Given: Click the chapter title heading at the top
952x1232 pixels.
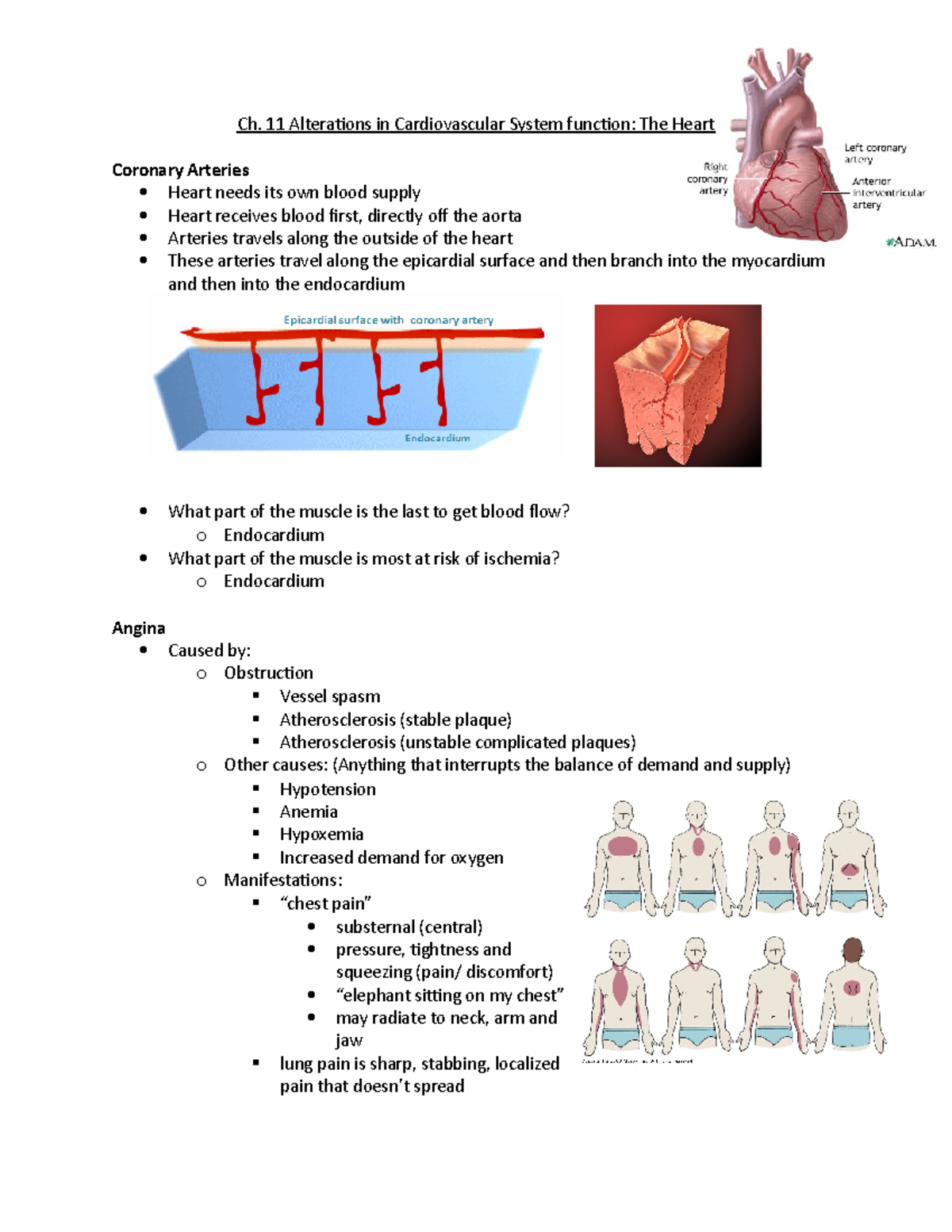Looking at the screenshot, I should click(475, 124).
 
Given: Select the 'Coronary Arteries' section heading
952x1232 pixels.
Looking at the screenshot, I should click(180, 170).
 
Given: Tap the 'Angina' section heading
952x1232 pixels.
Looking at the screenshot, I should click(139, 628).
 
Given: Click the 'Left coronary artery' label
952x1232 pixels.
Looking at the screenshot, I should click(874, 153).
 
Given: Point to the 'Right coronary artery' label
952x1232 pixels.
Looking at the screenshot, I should click(708, 178).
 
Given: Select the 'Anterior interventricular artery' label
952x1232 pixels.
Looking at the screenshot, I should click(887, 193).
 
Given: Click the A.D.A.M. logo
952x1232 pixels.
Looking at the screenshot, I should click(911, 242).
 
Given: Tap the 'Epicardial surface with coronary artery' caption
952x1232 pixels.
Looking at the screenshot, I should click(388, 320).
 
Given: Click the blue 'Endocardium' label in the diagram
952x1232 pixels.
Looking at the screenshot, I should click(437, 438).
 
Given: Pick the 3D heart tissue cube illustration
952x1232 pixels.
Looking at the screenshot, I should click(678, 386).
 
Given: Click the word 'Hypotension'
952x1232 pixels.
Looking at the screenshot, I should click(328, 789).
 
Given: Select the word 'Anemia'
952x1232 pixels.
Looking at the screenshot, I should click(309, 812).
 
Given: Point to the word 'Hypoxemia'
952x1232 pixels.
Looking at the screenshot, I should click(321, 835).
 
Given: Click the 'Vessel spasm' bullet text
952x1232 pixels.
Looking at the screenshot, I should click(329, 697).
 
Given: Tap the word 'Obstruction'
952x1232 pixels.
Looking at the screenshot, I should click(268, 673).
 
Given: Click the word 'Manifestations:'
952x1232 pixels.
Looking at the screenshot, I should click(283, 881).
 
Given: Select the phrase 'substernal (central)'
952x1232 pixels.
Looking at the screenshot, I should click(409, 927).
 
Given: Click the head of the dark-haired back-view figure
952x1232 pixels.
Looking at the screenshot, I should click(852, 950).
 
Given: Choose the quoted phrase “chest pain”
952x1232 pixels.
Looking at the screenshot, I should click(325, 904).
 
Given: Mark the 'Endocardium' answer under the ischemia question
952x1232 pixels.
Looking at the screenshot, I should click(274, 581).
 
